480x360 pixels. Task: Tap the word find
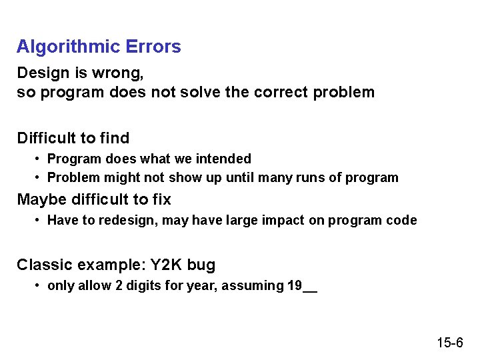pyautogui.click(x=115, y=138)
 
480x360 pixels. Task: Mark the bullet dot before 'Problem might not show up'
pyautogui.click(x=39, y=178)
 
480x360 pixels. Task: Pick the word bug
pyautogui.click(x=201, y=265)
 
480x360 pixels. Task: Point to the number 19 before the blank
pyautogui.click(x=293, y=286)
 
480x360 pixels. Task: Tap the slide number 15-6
pyautogui.click(x=450, y=343)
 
